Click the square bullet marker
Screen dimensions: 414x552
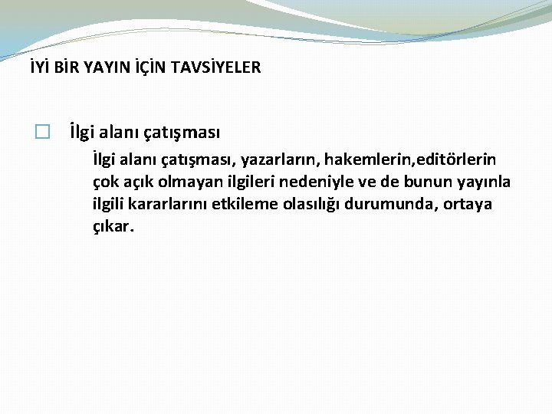pos(42,133)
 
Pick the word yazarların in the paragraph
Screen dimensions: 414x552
pos(281,159)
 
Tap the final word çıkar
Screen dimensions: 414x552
pos(112,228)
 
